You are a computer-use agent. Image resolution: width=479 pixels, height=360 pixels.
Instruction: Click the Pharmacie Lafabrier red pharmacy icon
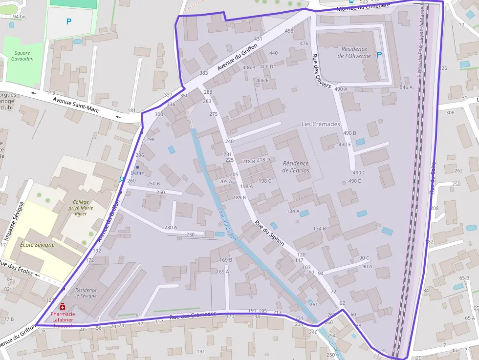pos(63,306)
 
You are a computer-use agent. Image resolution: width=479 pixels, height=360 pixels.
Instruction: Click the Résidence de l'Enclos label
pos(296,167)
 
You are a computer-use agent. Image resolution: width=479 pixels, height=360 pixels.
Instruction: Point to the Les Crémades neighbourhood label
pos(321,124)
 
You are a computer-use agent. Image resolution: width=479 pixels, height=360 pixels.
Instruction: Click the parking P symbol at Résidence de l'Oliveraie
pos(380,56)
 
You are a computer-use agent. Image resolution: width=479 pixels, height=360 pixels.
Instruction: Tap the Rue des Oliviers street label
pos(322,71)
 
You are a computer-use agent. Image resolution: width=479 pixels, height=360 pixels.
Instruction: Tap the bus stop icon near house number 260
pos(121,179)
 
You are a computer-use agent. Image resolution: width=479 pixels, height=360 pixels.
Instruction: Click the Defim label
pos(137,173)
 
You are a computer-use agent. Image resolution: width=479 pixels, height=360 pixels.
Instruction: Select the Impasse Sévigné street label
pos(14,221)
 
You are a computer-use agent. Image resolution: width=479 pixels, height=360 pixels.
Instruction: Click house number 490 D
pos(355,181)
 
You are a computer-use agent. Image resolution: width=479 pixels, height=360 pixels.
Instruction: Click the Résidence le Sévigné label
pos(86,293)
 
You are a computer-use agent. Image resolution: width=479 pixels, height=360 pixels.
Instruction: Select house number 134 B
pos(319,228)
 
